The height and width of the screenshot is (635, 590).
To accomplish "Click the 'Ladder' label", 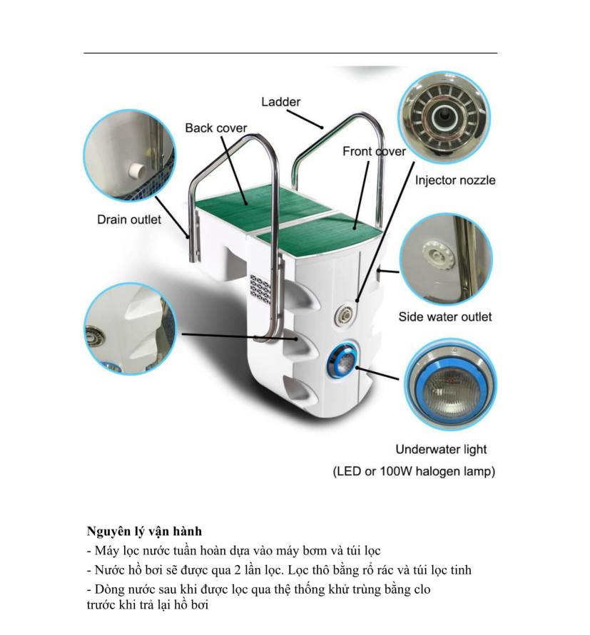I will pyautogui.click(x=280, y=102).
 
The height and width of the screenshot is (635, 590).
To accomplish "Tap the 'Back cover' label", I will pyautogui.click(x=215, y=128).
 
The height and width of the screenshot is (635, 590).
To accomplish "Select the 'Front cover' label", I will pyautogui.click(x=374, y=151).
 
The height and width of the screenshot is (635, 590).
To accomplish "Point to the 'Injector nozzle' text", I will pyautogui.click(x=455, y=180).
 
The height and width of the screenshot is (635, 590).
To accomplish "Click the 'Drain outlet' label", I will pyautogui.click(x=129, y=220).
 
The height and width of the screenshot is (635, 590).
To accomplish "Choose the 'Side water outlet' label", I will pyautogui.click(x=445, y=316).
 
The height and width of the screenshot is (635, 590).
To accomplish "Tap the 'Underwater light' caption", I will pyautogui.click(x=442, y=449).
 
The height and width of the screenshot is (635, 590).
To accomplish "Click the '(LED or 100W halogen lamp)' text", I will pyautogui.click(x=414, y=471).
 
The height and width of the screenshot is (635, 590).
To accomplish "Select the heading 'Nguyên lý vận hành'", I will pyautogui.click(x=144, y=531).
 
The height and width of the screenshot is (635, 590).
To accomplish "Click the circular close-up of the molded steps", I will pyautogui.click(x=129, y=328).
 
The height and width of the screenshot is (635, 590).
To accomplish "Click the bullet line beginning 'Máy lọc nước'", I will pyautogui.click(x=233, y=551).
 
